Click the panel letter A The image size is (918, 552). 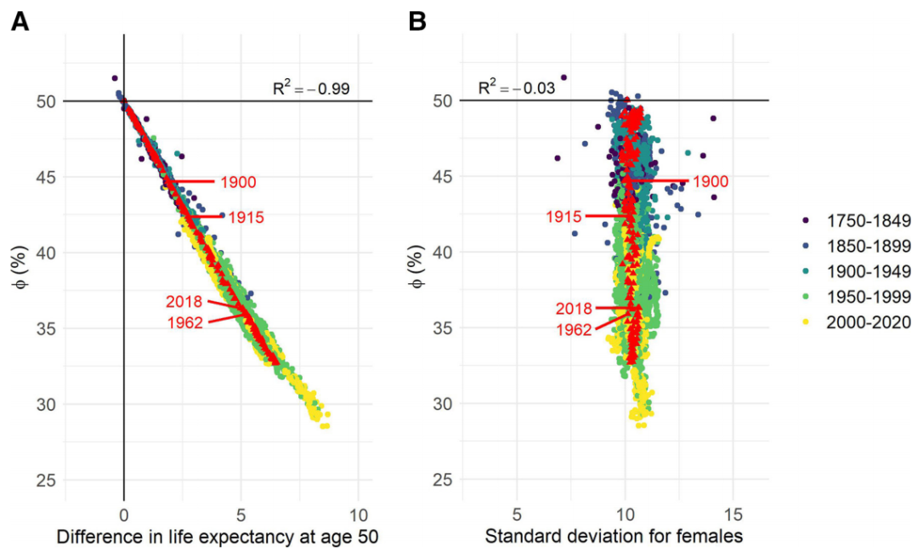click(x=20, y=22)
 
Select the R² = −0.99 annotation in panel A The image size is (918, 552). click(x=311, y=88)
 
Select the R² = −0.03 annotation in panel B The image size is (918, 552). click(x=517, y=87)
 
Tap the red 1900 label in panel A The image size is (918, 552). click(x=238, y=182)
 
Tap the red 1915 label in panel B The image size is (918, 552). click(x=564, y=217)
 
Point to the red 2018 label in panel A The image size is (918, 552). click(x=184, y=301)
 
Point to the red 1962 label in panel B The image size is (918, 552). click(x=574, y=329)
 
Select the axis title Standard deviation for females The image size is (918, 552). click(x=614, y=537)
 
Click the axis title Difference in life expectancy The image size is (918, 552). click(x=217, y=537)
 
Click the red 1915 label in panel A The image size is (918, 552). click(x=246, y=218)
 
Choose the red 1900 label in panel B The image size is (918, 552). click(x=710, y=182)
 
